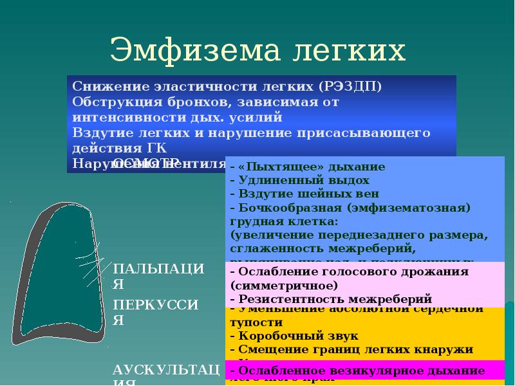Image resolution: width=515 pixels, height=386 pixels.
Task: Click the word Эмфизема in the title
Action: [192, 50]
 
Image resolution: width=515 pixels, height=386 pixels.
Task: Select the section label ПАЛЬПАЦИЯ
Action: [158, 275]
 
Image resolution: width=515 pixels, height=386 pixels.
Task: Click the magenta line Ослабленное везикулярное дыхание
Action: [357, 371]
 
